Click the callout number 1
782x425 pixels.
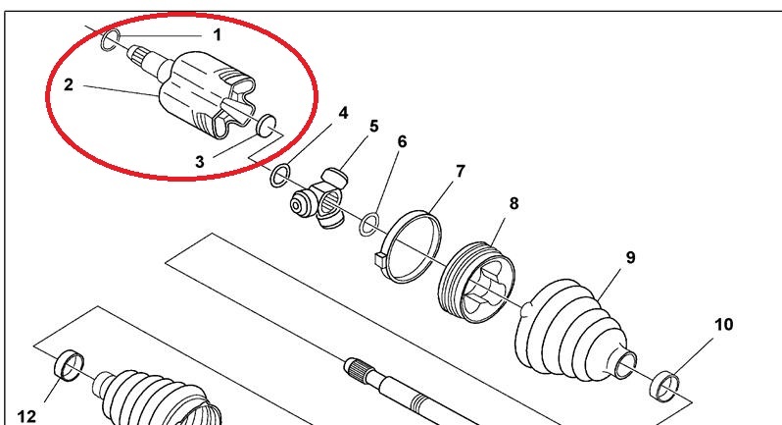click(x=217, y=35)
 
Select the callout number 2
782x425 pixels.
click(x=69, y=84)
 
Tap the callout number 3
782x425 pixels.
click(x=200, y=162)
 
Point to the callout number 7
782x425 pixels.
click(x=460, y=172)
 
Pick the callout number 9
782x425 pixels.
click(x=630, y=258)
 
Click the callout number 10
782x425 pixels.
click(x=724, y=325)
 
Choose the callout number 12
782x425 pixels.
click(x=26, y=416)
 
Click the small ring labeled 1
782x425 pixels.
click(x=111, y=40)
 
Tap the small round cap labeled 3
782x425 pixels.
click(x=267, y=125)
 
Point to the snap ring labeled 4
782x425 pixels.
click(x=280, y=176)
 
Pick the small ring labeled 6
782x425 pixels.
click(x=369, y=224)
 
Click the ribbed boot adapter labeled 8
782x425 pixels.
click(x=476, y=282)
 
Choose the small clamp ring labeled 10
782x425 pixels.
click(x=665, y=387)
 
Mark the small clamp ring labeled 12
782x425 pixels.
click(x=69, y=366)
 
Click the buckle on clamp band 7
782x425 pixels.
click(x=380, y=260)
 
